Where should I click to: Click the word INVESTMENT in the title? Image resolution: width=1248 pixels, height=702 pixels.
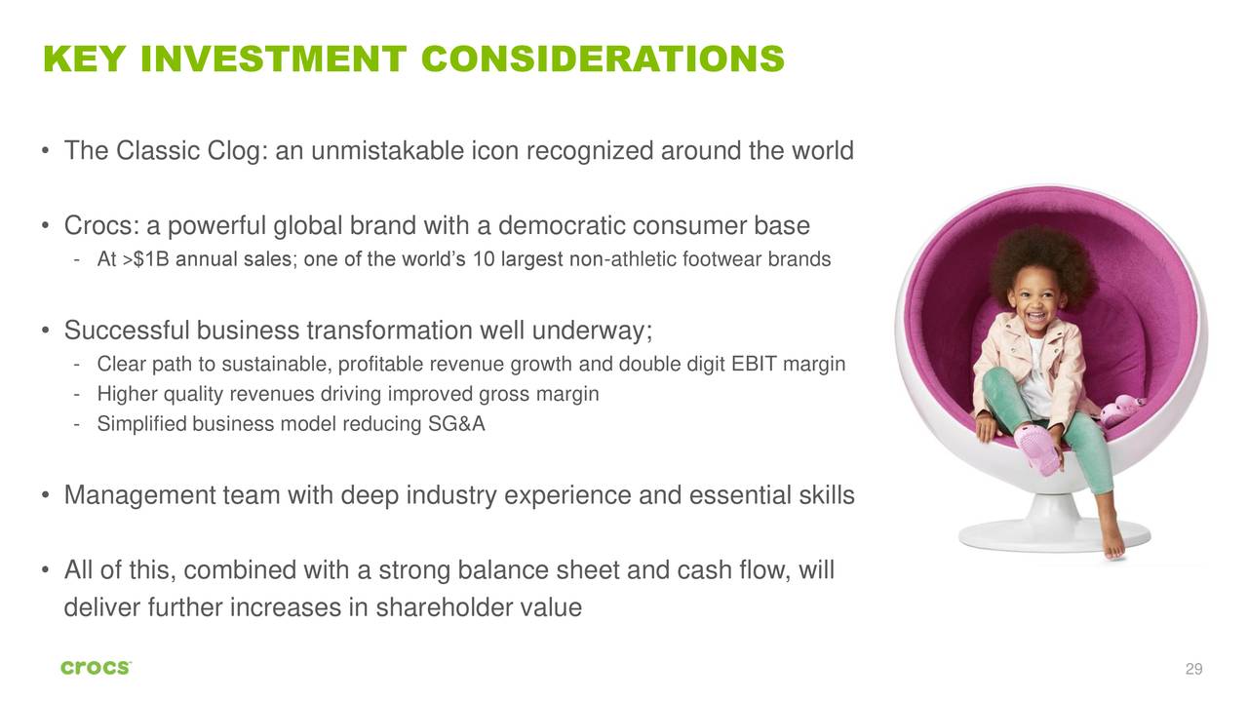click(x=274, y=59)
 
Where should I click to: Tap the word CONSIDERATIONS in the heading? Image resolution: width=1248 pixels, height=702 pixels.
click(x=604, y=59)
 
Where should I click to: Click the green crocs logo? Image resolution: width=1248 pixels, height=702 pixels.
click(x=96, y=668)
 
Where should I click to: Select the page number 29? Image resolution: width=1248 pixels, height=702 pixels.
click(x=1193, y=669)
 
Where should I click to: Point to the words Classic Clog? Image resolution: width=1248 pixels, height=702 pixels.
click(x=187, y=151)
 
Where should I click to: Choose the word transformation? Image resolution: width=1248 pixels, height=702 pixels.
click(x=389, y=331)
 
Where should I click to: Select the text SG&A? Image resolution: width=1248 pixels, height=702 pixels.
click(x=456, y=424)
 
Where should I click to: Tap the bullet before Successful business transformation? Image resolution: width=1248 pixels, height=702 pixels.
click(x=46, y=331)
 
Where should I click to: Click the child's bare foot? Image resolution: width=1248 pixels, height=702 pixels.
click(x=1112, y=536)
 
